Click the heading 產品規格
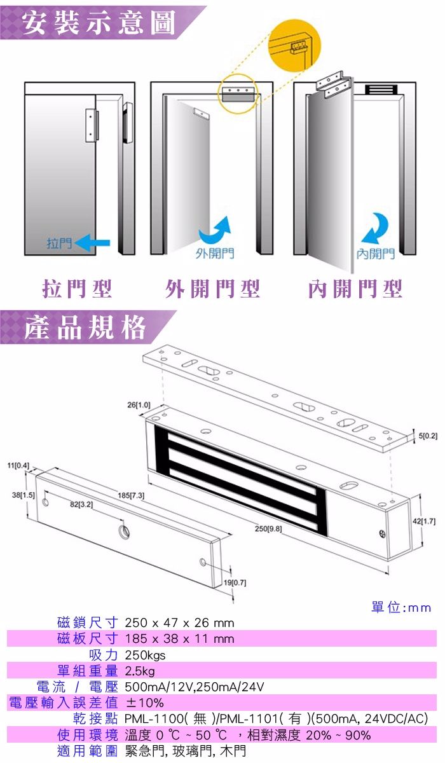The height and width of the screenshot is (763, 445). pyautogui.click(x=85, y=328)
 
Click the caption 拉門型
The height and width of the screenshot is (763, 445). pyautogui.click(x=77, y=289)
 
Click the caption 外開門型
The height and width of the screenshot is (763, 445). pyautogui.click(x=213, y=289)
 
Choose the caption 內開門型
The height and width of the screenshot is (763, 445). pyautogui.click(x=355, y=289)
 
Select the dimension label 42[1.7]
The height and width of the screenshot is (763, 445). pyautogui.click(x=424, y=521)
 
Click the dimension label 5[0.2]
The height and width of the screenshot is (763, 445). pyautogui.click(x=428, y=435)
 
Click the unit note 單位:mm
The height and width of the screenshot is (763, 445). pyautogui.click(x=400, y=608)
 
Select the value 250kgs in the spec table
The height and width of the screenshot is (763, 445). pyautogui.click(x=145, y=655)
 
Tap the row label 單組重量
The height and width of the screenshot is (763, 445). pyautogui.click(x=88, y=670)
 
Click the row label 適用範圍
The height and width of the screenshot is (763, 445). pyautogui.click(x=88, y=752)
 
